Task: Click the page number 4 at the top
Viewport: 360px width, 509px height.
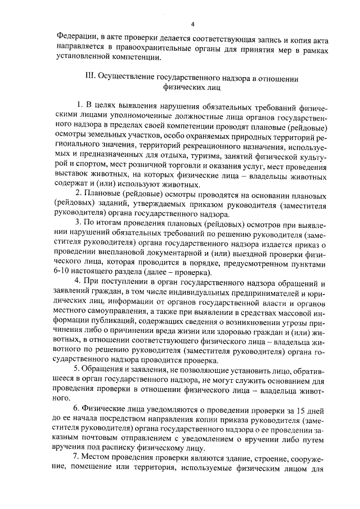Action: [x=192, y=24]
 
